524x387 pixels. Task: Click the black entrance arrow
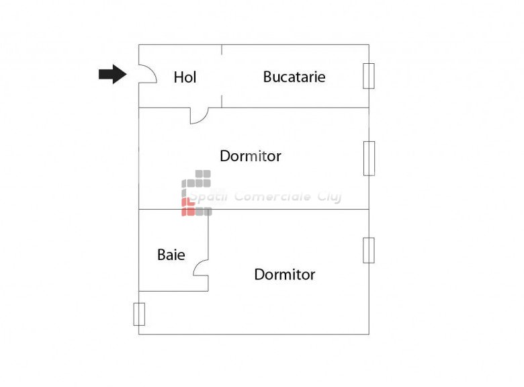pyautogui.click(x=112, y=74)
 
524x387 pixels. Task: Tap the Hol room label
pyautogui.click(x=185, y=77)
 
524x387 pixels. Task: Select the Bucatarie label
pyautogui.click(x=294, y=77)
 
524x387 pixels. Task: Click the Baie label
pyautogui.click(x=171, y=255)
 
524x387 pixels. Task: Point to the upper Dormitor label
pyautogui.click(x=250, y=157)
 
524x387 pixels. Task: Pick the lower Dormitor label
pyautogui.click(x=284, y=274)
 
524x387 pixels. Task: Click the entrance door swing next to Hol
pyautogui.click(x=148, y=74)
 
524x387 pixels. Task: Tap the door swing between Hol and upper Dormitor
pyautogui.click(x=199, y=116)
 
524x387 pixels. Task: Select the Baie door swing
pyautogui.click(x=200, y=269)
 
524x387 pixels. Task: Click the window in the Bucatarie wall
pyautogui.click(x=368, y=76)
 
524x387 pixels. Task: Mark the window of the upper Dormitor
pyautogui.click(x=369, y=159)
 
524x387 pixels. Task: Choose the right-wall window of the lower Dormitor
pyautogui.click(x=368, y=250)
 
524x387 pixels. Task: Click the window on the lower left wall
pyautogui.click(x=139, y=314)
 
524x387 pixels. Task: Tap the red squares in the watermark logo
pyautogui.click(x=189, y=206)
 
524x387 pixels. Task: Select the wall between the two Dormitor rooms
pyautogui.click(x=282, y=209)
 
